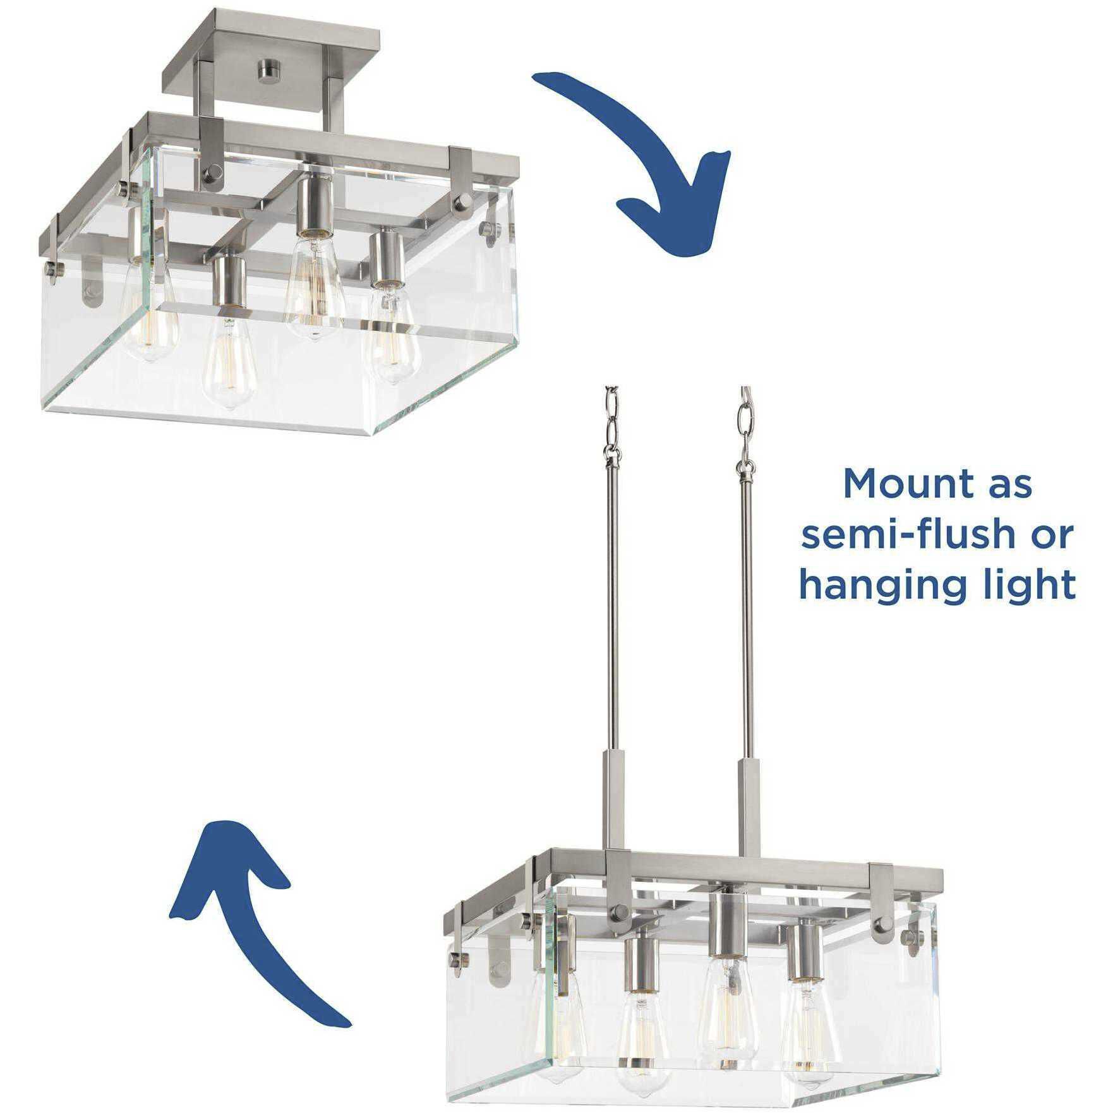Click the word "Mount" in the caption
tap(891, 484)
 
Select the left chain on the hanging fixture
tap(611, 420)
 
